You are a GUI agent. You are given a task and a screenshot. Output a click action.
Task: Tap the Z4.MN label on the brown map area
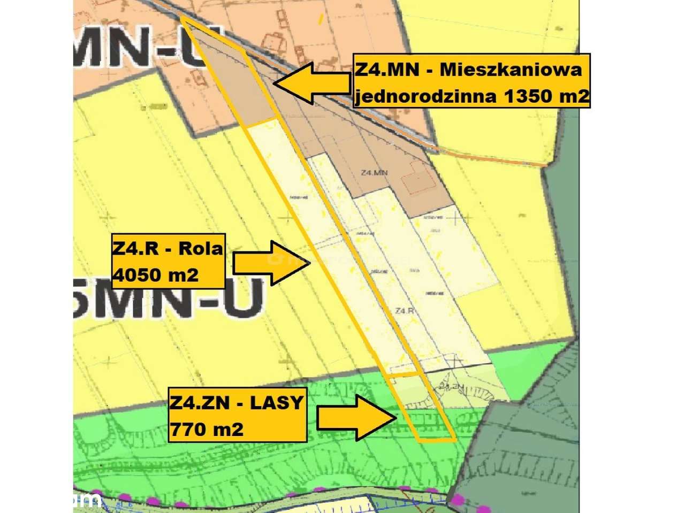click(374, 173)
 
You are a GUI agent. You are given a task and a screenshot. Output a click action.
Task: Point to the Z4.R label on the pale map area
click(404, 311)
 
